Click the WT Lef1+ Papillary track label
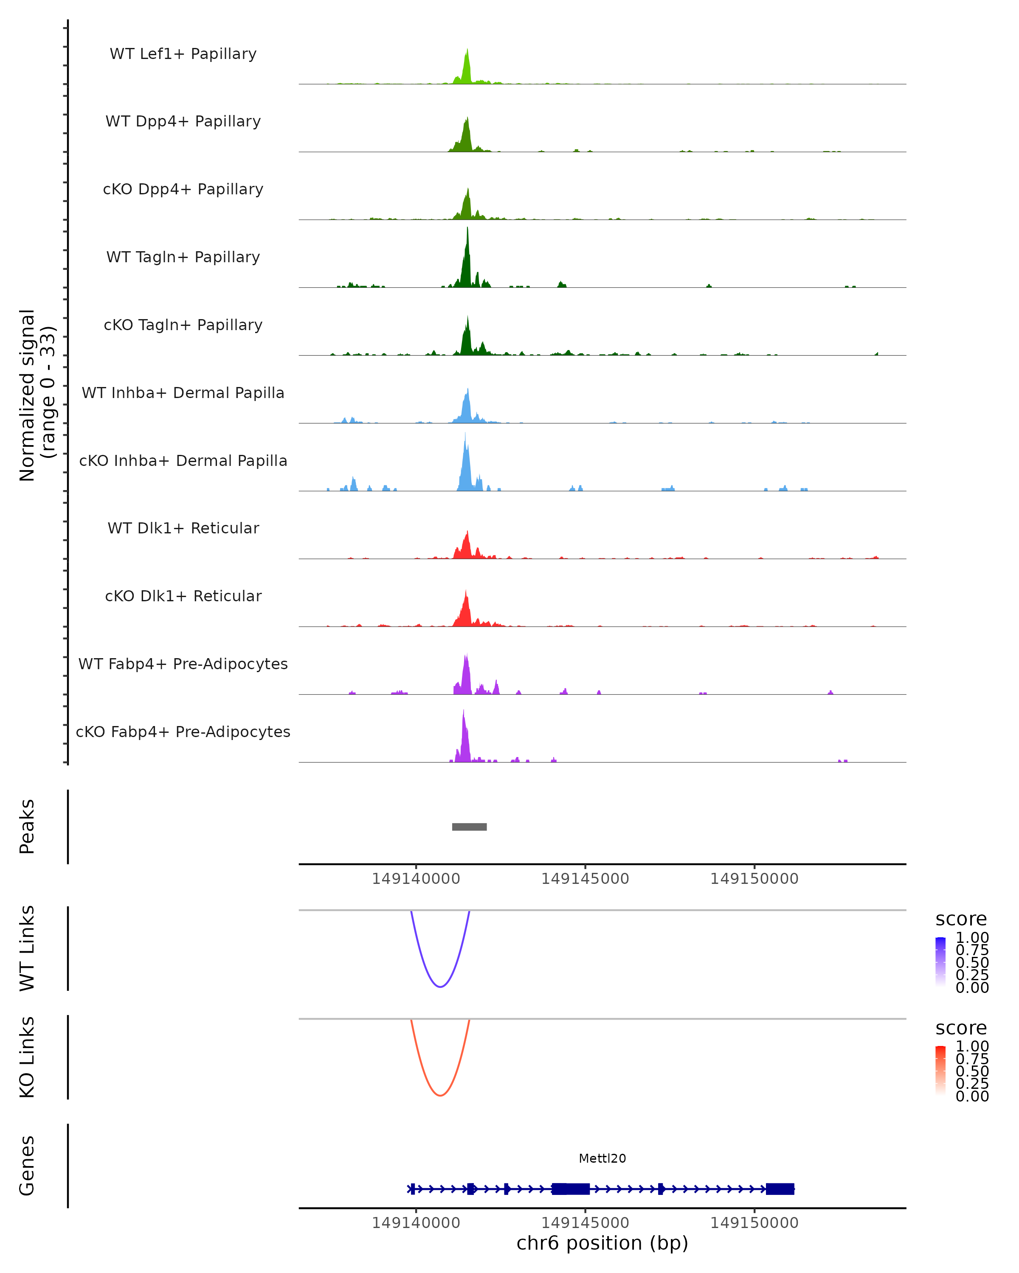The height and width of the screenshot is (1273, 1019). coord(183,54)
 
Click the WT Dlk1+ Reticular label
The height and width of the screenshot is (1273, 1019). coord(183,528)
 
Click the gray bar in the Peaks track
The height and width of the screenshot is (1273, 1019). coord(469,827)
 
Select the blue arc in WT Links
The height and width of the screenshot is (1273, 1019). coord(440,986)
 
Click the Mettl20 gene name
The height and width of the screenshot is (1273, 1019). coord(602,1158)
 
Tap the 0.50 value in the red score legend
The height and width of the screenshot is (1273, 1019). coord(972,1071)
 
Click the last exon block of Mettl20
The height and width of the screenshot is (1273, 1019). coord(780,1189)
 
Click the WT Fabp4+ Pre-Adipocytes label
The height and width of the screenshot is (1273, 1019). coord(183,664)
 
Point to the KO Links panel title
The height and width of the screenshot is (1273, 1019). coord(27,1057)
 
